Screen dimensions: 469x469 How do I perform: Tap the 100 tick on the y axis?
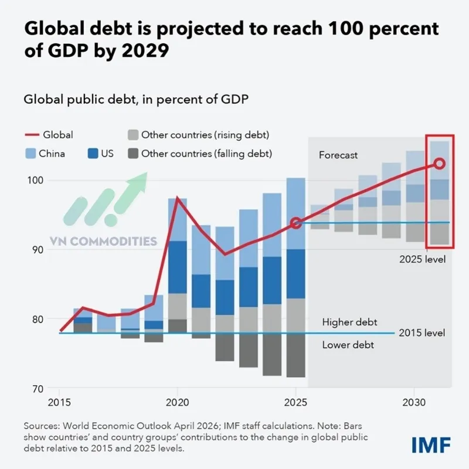pyautogui.click(x=36, y=180)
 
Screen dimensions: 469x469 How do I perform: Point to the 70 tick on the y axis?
pyautogui.click(x=36, y=389)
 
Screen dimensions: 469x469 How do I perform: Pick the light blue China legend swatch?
pyautogui.click(x=30, y=154)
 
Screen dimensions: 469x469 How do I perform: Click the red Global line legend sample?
pyautogui.click(x=30, y=135)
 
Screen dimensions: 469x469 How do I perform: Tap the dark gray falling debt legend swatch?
pyautogui.click(x=132, y=154)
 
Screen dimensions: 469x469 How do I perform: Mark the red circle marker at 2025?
pyautogui.click(x=296, y=223)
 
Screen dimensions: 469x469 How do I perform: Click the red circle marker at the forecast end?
pyautogui.click(x=440, y=164)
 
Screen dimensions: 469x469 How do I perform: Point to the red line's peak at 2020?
pyautogui.click(x=178, y=198)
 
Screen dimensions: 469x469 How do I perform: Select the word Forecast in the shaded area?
pyautogui.click(x=338, y=155)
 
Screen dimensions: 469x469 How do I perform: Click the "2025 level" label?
pyautogui.click(x=422, y=259)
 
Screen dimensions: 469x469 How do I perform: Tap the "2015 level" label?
pyautogui.click(x=422, y=333)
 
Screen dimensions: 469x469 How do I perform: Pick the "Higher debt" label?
pyautogui.click(x=349, y=322)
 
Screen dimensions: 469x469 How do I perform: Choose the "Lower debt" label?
pyautogui.click(x=348, y=345)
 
